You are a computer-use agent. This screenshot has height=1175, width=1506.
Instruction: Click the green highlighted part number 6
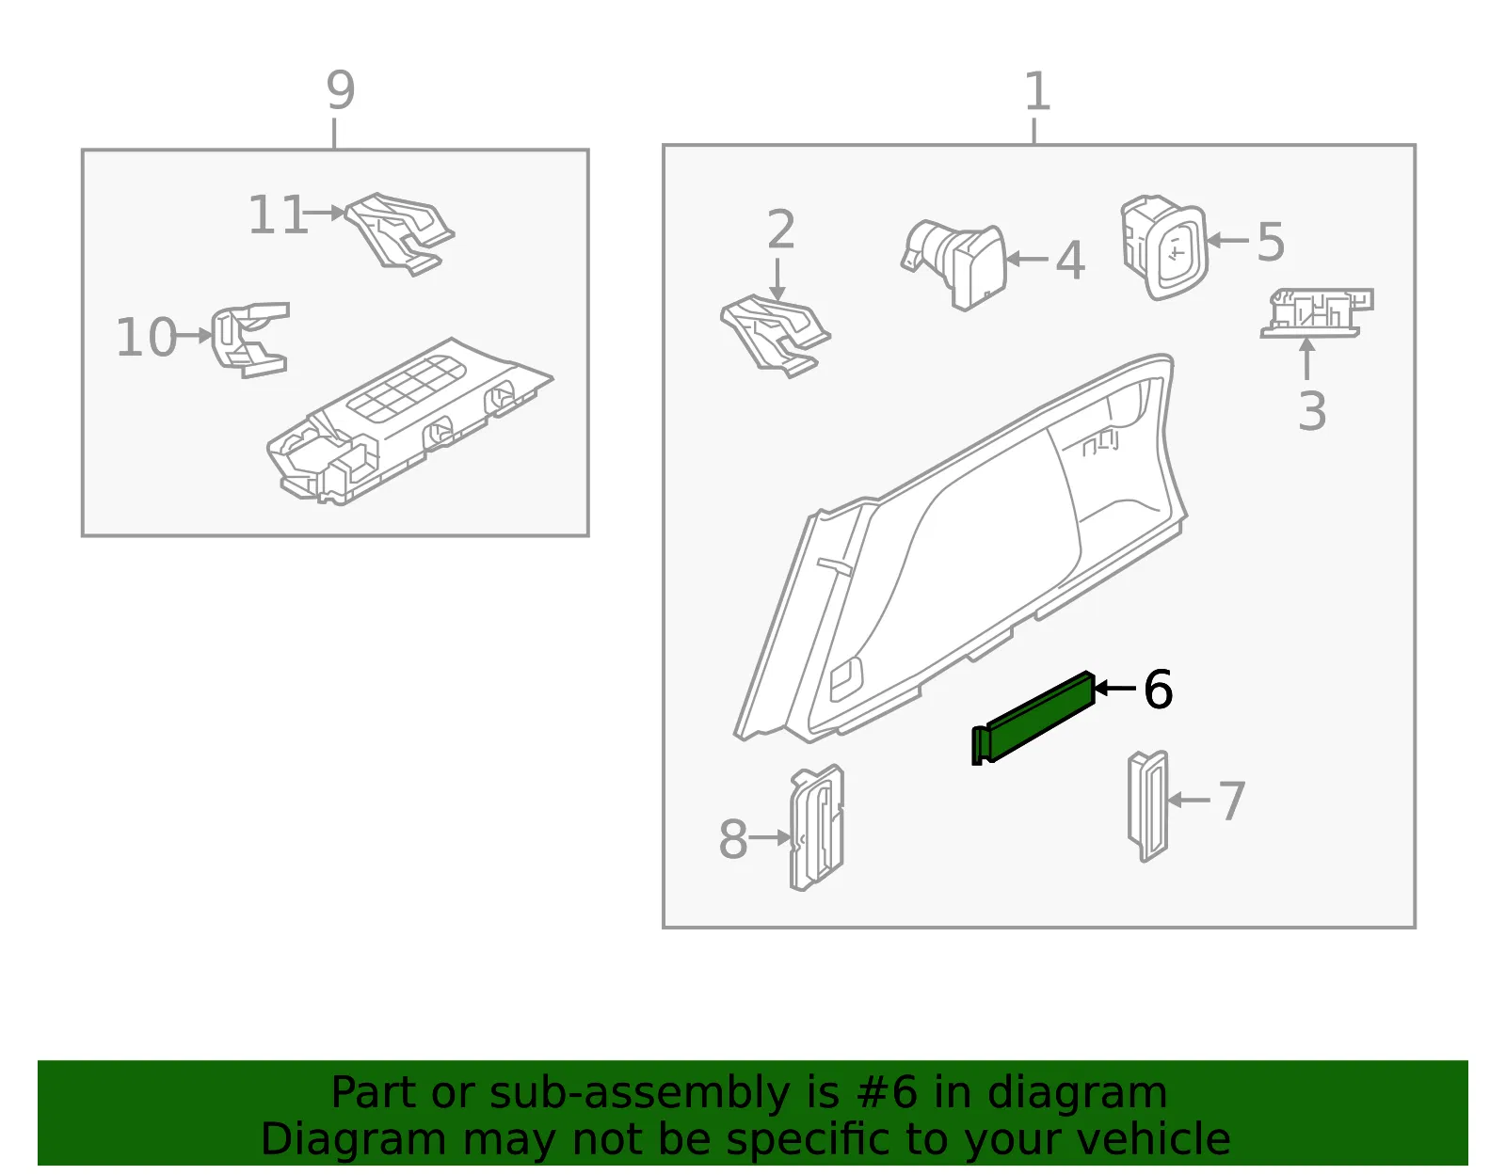click(x=1033, y=718)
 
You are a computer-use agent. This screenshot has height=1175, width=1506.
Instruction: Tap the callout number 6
click(x=1158, y=690)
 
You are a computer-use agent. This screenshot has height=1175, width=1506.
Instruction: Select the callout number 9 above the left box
click(x=341, y=90)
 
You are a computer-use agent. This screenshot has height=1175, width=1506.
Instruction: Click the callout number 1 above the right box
click(x=1037, y=90)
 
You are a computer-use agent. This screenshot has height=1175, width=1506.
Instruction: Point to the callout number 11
click(x=278, y=214)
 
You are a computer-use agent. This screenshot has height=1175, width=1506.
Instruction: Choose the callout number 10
click(x=146, y=337)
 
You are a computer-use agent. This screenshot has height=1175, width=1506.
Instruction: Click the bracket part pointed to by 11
click(x=400, y=234)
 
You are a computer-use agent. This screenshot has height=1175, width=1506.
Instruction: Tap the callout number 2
click(x=781, y=230)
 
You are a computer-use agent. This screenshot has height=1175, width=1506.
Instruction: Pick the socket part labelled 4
click(x=954, y=264)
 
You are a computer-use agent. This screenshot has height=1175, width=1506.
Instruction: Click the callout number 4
click(x=1070, y=261)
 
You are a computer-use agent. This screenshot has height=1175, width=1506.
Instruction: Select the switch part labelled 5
click(x=1164, y=247)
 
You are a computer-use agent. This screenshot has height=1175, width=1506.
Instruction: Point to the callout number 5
click(x=1271, y=243)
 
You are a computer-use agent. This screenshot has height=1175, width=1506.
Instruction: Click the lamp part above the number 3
click(x=1317, y=313)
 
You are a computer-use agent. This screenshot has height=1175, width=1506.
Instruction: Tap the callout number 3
click(x=1312, y=411)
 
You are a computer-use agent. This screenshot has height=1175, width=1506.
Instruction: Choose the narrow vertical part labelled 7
click(x=1147, y=806)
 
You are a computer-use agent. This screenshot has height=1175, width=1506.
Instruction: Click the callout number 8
click(x=733, y=838)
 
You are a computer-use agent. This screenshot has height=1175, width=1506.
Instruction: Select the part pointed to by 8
click(x=817, y=828)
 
